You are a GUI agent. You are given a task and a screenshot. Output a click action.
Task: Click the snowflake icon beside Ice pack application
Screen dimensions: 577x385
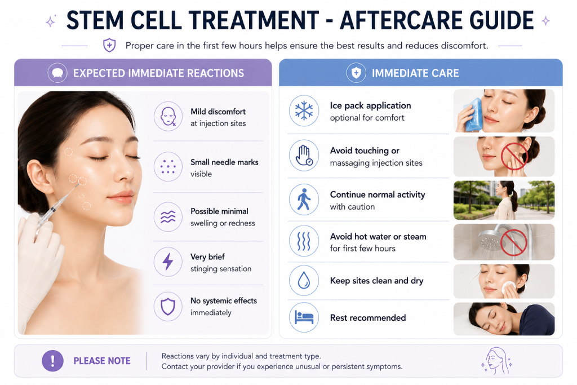pyautogui.click(x=304, y=111)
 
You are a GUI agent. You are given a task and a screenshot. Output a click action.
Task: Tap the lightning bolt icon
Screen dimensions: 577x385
pyautogui.click(x=168, y=262)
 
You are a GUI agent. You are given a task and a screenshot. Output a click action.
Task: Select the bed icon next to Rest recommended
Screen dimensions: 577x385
pyautogui.click(x=304, y=317)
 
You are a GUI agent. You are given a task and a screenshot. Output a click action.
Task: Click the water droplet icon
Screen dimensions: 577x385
pyautogui.click(x=304, y=280)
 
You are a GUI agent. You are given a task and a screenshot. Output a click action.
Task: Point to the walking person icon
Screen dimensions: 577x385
pyautogui.click(x=304, y=200)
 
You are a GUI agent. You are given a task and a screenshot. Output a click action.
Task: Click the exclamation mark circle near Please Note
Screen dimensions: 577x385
pyautogui.click(x=52, y=361)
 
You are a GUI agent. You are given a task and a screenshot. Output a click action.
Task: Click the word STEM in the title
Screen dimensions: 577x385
pyautogui.click(x=95, y=21)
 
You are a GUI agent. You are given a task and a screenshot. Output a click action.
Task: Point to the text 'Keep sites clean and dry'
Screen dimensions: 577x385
pyautogui.click(x=376, y=281)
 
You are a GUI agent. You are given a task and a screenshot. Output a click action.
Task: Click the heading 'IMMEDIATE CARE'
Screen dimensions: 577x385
pyautogui.click(x=415, y=73)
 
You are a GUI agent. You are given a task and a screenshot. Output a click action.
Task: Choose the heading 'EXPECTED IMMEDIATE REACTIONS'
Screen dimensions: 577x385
pyautogui.click(x=158, y=73)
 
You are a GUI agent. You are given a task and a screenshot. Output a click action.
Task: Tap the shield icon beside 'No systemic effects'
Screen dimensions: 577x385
pyautogui.click(x=168, y=306)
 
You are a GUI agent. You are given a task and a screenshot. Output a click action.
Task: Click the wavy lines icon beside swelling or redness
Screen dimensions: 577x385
pyautogui.click(x=168, y=217)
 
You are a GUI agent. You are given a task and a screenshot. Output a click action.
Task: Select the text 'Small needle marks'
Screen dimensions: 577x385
pyautogui.click(x=224, y=162)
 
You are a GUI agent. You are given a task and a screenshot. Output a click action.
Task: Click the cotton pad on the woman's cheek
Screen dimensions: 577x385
pyautogui.click(x=508, y=288)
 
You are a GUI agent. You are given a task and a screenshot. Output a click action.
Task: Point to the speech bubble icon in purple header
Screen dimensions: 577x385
pyautogui.click(x=57, y=73)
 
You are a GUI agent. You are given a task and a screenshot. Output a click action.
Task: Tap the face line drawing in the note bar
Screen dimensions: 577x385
pyautogui.click(x=497, y=361)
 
